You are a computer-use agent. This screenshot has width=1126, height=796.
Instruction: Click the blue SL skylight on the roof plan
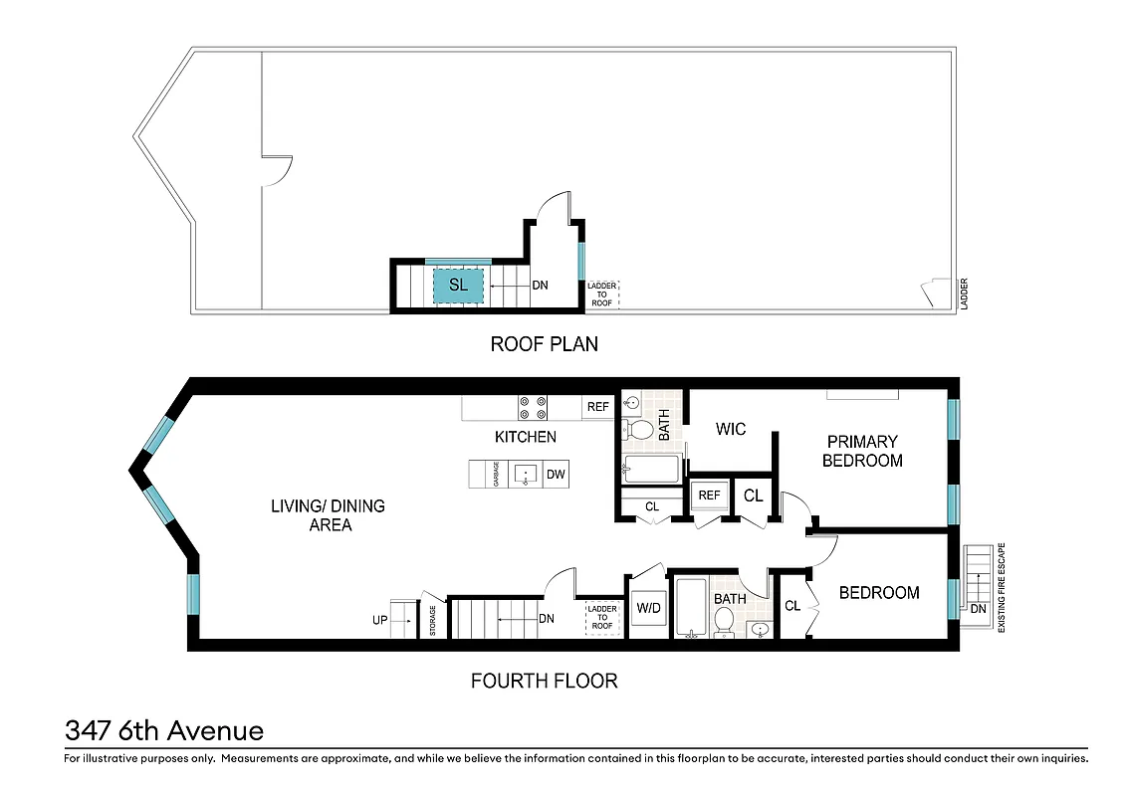click(458, 286)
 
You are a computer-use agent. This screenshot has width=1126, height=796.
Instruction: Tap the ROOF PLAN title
click(544, 344)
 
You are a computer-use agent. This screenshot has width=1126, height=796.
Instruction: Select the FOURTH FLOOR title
click(544, 681)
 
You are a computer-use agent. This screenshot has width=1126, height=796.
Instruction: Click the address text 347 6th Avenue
click(164, 731)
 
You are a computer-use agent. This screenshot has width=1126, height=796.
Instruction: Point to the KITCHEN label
click(526, 437)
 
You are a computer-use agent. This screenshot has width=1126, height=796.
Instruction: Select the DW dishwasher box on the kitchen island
click(556, 475)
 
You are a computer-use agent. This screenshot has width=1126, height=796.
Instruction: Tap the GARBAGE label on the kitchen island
click(496, 475)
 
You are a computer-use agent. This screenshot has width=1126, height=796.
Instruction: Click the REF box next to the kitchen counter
click(597, 407)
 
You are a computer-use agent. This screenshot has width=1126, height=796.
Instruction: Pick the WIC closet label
click(731, 430)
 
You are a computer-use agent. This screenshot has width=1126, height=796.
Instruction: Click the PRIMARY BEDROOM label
click(862, 451)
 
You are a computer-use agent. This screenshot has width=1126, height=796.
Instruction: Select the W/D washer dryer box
click(649, 607)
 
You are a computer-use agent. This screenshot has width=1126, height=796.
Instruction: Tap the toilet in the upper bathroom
click(639, 430)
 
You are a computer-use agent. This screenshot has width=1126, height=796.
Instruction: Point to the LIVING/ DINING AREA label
click(328, 515)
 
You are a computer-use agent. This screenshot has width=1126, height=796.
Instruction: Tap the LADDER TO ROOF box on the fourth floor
click(602, 618)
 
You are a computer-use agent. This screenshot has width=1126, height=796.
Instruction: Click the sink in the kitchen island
click(525, 475)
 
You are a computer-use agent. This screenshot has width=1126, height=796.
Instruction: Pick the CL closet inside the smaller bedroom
click(792, 605)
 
